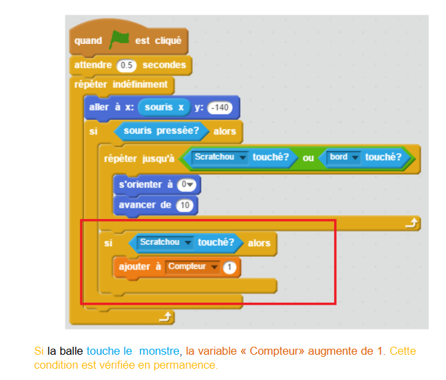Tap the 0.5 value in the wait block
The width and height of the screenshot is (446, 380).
pyautogui.click(x=126, y=66)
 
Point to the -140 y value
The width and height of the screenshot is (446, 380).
pyautogui.click(x=219, y=107)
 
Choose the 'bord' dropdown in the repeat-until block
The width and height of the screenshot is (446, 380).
pyautogui.click(x=343, y=158)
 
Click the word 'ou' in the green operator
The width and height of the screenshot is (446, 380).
pyautogui.click(x=308, y=158)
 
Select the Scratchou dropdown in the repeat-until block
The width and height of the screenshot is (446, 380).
pyautogui.click(x=220, y=158)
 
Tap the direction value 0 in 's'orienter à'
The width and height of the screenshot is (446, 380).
pyautogui.click(x=190, y=184)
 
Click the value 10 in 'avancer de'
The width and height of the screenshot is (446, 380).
pyautogui.click(x=185, y=205)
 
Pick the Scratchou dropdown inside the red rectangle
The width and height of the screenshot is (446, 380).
pyautogui.click(x=166, y=243)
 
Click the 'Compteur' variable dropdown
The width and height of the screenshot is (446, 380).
pyautogui.click(x=193, y=267)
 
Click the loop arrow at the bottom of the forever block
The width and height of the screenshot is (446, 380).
pyautogui.click(x=166, y=317)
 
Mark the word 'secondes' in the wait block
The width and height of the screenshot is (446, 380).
pyautogui.click(x=164, y=65)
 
